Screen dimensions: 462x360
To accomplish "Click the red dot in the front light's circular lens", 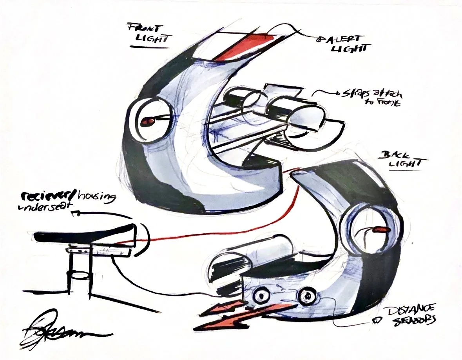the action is [148, 122].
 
